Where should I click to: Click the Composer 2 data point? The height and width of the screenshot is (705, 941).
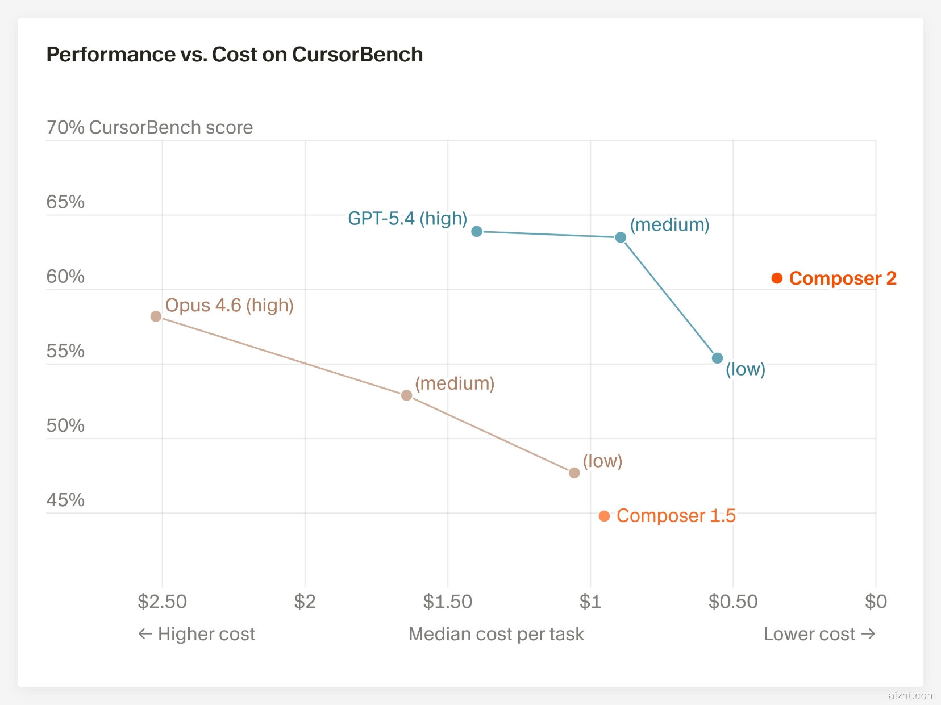(x=777, y=278)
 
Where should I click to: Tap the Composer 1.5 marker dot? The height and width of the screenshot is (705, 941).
(x=604, y=516)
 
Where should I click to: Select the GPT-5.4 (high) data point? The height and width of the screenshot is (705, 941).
(x=477, y=231)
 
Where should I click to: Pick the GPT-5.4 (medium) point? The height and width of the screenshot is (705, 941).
(x=621, y=237)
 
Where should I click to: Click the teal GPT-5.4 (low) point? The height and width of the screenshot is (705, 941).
(x=717, y=358)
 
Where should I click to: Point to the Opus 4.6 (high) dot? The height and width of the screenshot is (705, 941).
(x=156, y=316)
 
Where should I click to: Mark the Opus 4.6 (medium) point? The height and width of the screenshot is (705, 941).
(x=406, y=395)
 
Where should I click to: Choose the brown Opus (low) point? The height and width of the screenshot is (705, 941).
(x=574, y=473)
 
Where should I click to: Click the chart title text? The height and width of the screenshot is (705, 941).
(x=234, y=55)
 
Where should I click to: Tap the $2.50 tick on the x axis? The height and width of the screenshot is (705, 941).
(x=162, y=602)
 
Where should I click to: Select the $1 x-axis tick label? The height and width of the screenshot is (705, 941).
(x=590, y=602)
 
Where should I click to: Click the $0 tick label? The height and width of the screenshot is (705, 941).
(x=875, y=602)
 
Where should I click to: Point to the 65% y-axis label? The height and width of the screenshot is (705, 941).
(x=65, y=202)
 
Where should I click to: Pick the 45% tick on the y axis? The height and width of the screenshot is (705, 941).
(x=65, y=500)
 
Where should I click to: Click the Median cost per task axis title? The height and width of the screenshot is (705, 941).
(x=496, y=634)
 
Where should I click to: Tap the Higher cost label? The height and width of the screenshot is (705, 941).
(x=197, y=634)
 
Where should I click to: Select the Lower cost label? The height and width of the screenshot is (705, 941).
(x=819, y=634)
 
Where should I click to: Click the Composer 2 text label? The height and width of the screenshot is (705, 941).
(x=843, y=278)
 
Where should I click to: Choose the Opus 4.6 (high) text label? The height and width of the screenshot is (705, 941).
(x=229, y=306)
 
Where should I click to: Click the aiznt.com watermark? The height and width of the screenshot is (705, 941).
(x=911, y=695)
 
